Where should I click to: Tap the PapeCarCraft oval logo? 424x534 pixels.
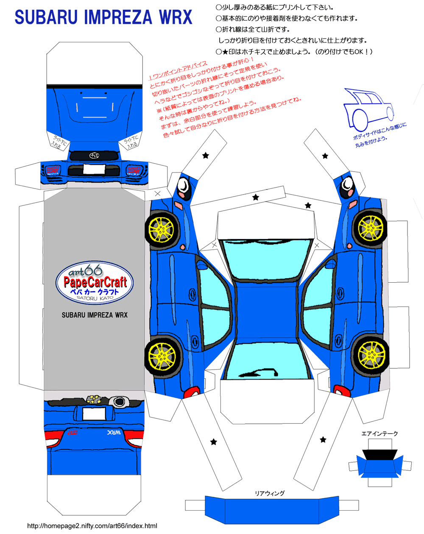coord(95,283)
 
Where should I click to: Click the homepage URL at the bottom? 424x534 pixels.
coord(92,526)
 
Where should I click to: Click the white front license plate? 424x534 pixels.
coord(94,169)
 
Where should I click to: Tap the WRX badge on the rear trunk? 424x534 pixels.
coord(114,433)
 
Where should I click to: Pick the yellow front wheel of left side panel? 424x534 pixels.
coord(161,229)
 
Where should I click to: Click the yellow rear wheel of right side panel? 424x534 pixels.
coord(371,354)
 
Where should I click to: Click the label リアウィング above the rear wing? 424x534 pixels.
coord(270,493)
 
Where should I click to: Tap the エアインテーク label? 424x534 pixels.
coord(379,434)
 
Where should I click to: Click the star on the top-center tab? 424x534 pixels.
coord(256,197)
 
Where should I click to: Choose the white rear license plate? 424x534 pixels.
coord(94,413)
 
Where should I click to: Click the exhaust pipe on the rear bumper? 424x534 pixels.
coord(119,401)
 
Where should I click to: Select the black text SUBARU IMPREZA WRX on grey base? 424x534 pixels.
coord(95,315)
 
